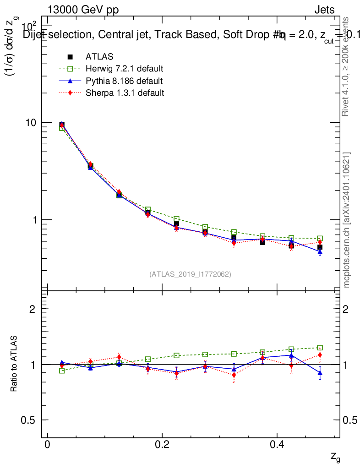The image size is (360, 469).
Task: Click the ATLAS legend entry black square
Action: point(70,57)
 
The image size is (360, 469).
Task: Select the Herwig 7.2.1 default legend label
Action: point(125,69)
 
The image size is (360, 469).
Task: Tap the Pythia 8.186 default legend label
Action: point(124,81)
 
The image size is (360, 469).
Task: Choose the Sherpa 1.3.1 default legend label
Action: point(125,93)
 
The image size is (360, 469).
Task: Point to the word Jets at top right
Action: point(324,10)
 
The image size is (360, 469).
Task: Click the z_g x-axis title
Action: point(335,457)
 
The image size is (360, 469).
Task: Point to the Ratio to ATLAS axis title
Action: point(14,364)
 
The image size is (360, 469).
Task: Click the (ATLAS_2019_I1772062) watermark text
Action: point(190,274)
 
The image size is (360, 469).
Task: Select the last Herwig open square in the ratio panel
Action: point(320,348)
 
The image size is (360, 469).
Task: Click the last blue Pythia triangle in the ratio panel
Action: point(320,373)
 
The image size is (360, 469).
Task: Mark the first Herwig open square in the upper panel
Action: point(62,128)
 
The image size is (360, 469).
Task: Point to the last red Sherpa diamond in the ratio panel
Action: point(320,355)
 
